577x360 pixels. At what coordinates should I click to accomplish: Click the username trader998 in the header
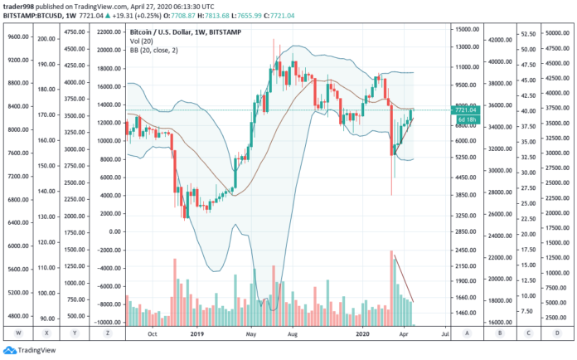(20, 6)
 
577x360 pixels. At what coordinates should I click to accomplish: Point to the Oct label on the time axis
(152, 333)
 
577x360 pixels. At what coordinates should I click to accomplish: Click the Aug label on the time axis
(292, 333)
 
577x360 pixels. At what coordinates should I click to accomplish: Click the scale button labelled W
(17, 333)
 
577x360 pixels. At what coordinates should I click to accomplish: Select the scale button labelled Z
(108, 333)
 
